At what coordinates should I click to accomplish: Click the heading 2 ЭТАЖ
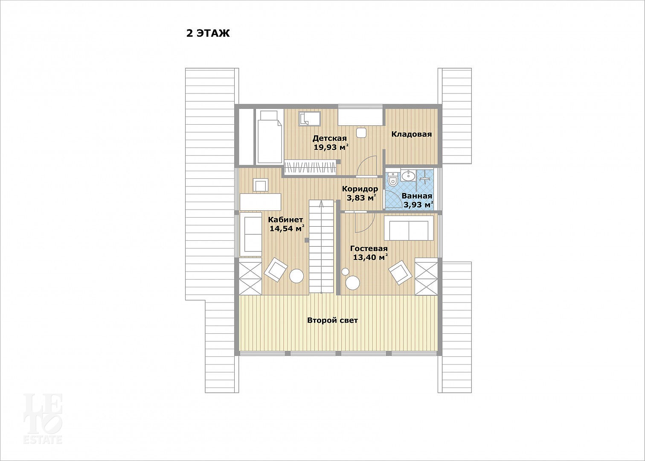[208, 33]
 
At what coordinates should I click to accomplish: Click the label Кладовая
[412, 134]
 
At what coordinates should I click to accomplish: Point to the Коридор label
[360, 189]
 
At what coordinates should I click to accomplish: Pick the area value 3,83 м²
[361, 198]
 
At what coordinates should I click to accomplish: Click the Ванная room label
[417, 196]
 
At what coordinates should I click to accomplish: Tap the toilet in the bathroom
[392, 179]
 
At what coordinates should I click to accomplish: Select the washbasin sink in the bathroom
[407, 175]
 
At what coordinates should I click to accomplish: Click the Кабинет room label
[285, 220]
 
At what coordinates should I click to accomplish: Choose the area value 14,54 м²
[287, 229]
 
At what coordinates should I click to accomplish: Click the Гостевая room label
[369, 248]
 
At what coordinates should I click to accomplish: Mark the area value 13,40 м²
[370, 257]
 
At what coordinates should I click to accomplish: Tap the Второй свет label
[332, 320]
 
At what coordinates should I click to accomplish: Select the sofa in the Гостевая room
[409, 228]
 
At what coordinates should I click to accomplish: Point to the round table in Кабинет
[296, 276]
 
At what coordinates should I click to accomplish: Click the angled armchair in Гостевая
[400, 273]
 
